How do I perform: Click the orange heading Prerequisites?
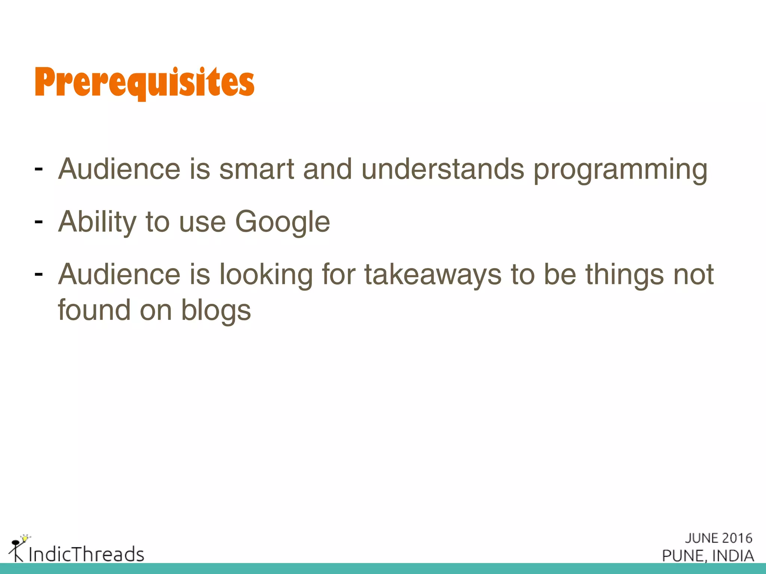pos(144,82)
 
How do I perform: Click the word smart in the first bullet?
pos(257,169)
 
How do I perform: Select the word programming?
pos(620,170)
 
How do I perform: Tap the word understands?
pos(443,169)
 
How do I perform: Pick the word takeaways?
pos(433,275)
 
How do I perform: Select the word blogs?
pos(216,311)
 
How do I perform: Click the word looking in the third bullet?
pos(266,275)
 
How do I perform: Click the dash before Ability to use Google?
pos(38,222)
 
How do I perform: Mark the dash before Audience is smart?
pos(38,169)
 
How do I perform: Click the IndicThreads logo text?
pos(86,554)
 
